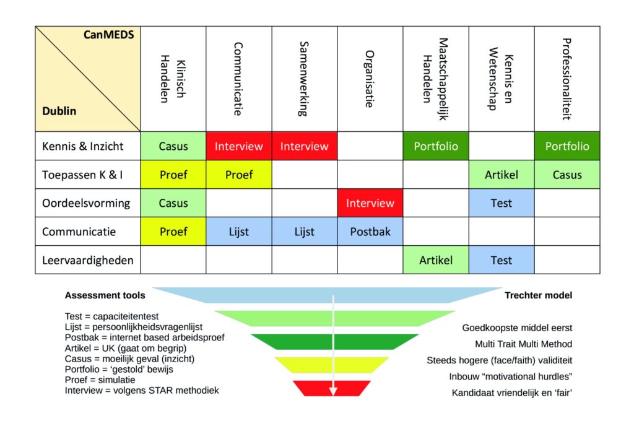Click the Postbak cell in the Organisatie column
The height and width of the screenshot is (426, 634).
370,232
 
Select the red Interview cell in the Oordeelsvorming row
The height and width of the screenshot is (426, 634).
370,203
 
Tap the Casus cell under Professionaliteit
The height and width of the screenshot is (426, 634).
567,175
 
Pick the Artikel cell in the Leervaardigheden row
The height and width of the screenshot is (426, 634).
436,260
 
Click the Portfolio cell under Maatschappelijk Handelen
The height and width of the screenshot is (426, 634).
436,147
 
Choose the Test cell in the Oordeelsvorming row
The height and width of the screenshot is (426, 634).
501,203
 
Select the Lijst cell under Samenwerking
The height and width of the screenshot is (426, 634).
304,232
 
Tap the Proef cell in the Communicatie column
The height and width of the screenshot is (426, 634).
239,175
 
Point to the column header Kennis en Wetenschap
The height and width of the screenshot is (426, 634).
501,79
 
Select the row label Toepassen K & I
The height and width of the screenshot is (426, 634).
82,175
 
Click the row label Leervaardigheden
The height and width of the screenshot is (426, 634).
87,260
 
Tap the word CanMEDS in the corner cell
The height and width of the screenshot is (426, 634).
109,35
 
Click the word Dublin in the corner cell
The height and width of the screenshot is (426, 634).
59,111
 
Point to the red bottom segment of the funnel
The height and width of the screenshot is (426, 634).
332,388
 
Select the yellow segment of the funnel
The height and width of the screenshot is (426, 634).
332,364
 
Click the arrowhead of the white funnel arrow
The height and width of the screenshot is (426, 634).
332,390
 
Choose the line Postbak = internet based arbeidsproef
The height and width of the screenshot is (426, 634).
144,337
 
